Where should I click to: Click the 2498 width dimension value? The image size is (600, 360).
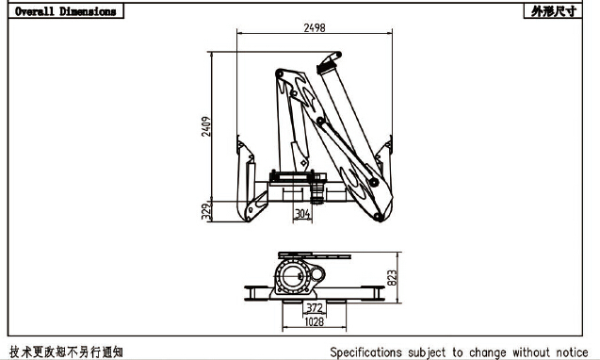315,28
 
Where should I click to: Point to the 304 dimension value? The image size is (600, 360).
302,214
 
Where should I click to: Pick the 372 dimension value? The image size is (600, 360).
314,307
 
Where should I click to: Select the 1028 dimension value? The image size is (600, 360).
314,322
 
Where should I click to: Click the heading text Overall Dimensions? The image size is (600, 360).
66,11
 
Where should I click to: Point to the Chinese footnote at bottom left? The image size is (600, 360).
66,352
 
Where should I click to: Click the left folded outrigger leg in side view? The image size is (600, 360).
249,188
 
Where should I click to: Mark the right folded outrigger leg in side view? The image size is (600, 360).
381,188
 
